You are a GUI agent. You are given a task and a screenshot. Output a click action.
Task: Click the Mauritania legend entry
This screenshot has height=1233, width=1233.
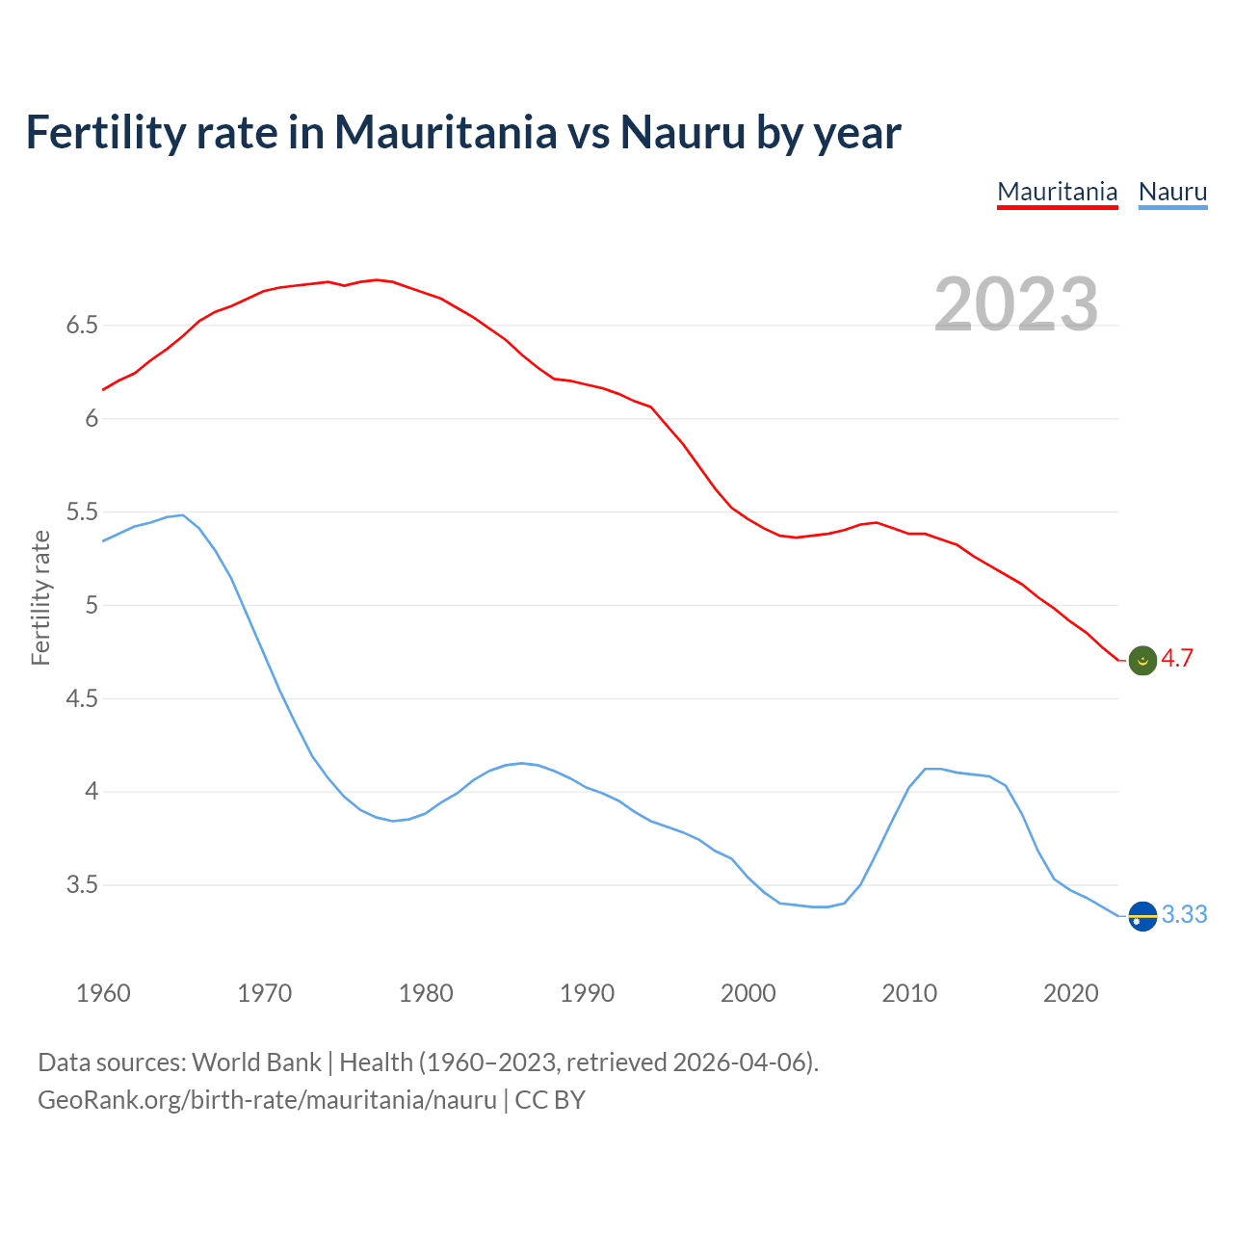(1057, 192)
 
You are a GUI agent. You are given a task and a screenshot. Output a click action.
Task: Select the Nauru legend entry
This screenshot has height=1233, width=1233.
(1172, 192)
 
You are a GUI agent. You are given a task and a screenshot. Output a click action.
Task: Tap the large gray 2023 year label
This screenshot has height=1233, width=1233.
(1016, 304)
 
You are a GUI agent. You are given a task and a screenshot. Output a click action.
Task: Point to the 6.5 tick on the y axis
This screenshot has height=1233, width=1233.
(82, 326)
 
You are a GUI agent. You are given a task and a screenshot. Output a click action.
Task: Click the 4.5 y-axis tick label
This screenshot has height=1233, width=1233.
(82, 698)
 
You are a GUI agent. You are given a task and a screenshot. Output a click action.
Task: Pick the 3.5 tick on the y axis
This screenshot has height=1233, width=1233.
(82, 885)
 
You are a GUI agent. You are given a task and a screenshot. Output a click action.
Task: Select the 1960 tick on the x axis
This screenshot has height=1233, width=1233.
(103, 993)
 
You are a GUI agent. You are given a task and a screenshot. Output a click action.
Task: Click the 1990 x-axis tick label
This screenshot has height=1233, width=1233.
(587, 993)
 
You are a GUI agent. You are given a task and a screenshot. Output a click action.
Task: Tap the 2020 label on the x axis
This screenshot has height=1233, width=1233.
(1070, 993)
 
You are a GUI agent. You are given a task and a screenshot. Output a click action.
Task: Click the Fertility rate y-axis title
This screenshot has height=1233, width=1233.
(40, 597)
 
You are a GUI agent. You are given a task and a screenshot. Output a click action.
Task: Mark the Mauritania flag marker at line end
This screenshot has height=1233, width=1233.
(1142, 661)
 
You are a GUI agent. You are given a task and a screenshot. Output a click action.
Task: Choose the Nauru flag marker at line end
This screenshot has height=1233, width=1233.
(1142, 916)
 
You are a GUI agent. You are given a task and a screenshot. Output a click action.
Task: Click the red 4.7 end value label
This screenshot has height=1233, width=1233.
(1177, 659)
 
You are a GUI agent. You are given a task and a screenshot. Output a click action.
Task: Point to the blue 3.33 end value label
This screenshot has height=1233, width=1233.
(1184, 915)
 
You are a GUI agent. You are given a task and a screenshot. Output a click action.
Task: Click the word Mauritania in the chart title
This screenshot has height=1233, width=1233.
(445, 132)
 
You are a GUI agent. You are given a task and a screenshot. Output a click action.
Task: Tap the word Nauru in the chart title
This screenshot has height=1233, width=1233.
(682, 132)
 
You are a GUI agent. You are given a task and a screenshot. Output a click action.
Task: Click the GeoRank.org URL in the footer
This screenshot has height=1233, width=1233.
(267, 1100)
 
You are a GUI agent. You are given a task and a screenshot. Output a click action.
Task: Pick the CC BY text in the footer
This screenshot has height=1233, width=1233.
(550, 1100)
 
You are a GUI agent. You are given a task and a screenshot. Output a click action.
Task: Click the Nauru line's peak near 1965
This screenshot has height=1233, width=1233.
(182, 515)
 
